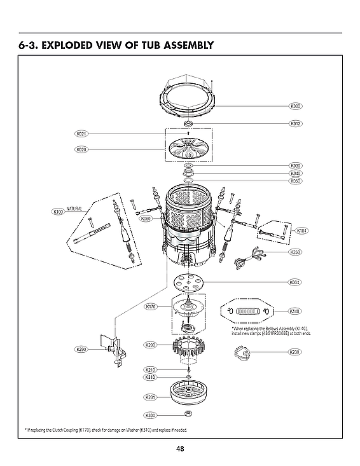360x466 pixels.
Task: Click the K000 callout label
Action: pos(294,106)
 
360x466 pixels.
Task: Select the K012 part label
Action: pos(294,123)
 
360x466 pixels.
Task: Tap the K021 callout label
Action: pos(81,134)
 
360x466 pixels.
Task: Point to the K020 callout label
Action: pos(81,150)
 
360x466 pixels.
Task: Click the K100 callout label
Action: pos(58,211)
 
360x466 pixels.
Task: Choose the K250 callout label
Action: pos(294,252)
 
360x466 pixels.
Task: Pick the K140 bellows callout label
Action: pos(294,312)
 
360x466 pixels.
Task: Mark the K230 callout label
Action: pos(294,352)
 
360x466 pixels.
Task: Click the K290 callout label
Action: pos(81,350)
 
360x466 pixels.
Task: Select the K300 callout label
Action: pos(151,416)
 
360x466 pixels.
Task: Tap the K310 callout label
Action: pos(151,377)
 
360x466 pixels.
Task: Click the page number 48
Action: pos(180,449)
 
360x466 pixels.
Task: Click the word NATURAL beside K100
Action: pos(75,209)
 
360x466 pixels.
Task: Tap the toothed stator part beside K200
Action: pos(188,348)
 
